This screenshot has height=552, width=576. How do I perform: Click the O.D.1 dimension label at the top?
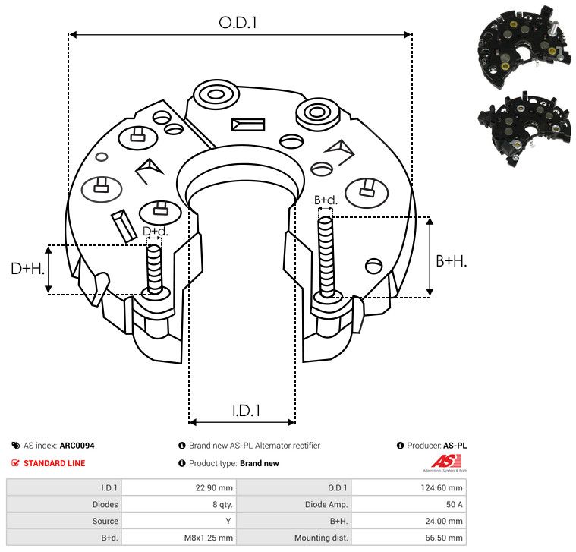238,23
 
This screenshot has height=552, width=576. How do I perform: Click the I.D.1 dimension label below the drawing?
246,411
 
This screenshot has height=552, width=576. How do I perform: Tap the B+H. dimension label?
451,261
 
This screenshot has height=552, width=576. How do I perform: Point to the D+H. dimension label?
28,269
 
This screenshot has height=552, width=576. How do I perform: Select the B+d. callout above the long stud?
326,200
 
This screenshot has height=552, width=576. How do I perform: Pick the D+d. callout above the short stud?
156,231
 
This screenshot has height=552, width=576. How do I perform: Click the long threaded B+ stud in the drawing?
326,257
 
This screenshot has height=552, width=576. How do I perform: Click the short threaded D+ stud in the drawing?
154,270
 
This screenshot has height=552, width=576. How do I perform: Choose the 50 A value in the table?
454,505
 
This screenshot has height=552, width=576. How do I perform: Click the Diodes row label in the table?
105,505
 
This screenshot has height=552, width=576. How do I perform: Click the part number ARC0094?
77,446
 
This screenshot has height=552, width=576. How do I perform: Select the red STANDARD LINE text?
55,463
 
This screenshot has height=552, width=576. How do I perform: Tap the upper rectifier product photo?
524,46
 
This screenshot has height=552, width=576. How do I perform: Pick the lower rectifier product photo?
524,128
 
